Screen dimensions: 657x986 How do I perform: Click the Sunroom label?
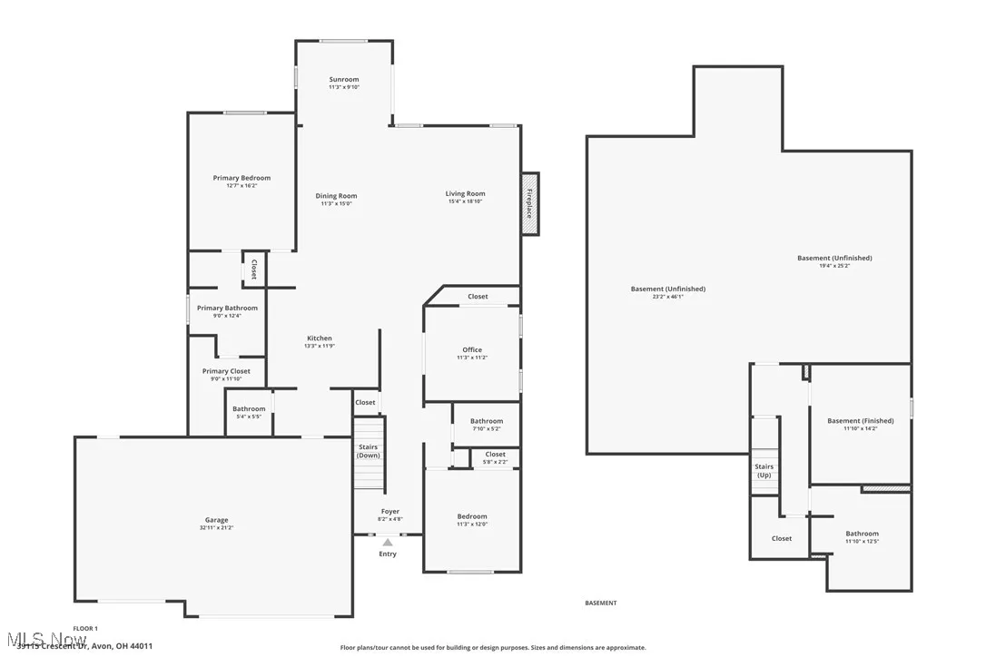coord(343,80)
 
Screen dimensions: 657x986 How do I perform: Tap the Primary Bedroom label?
coord(242,178)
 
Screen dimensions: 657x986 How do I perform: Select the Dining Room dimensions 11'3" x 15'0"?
coord(336,204)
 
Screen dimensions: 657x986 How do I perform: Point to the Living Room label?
coord(465,193)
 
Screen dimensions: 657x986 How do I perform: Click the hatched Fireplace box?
coord(529,202)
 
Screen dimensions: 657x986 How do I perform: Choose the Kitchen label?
coord(319,338)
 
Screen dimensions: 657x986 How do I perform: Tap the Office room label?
coord(471,349)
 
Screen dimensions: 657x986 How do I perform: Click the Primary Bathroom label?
coord(227,309)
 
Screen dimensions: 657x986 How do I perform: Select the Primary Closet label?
coord(226,371)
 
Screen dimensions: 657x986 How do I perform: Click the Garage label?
coord(216,520)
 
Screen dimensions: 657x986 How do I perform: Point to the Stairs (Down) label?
coord(368,451)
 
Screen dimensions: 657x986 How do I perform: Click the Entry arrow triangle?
coord(388,542)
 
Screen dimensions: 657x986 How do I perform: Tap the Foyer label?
coord(389,512)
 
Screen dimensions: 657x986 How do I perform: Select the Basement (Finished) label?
coord(860,421)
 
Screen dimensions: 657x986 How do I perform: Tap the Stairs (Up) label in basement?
coord(764,471)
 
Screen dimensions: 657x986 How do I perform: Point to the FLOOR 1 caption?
coord(85,628)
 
